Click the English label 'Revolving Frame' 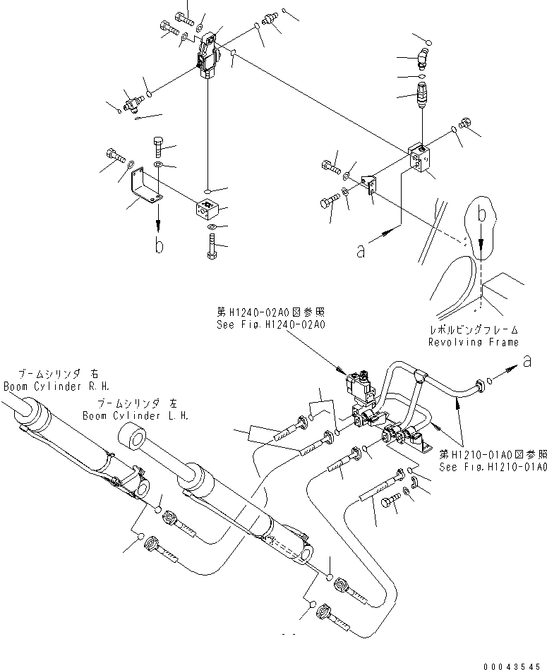click(474, 342)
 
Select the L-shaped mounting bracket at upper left click(145, 187)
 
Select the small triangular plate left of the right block click(369, 185)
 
